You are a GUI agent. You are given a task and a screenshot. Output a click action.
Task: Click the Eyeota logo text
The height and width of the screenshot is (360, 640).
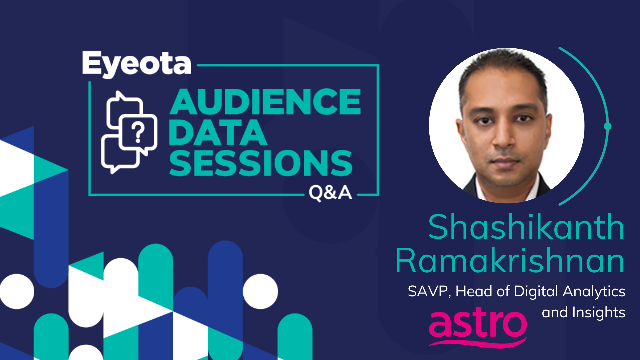[x=137, y=64]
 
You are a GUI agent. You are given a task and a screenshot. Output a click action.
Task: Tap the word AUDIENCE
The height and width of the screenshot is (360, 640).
[x=265, y=102]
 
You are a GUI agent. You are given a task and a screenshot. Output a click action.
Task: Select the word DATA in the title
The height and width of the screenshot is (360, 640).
[x=218, y=132]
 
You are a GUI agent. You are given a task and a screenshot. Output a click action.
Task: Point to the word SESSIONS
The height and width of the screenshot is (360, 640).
[x=261, y=163]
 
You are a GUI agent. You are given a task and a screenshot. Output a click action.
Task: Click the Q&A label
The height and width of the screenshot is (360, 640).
[x=330, y=193]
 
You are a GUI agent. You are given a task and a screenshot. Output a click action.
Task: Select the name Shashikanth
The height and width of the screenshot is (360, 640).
[x=526, y=227]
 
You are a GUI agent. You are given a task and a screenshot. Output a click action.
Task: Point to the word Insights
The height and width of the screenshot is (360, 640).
[x=599, y=313]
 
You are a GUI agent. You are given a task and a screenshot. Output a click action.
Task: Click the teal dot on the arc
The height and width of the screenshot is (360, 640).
[x=608, y=126]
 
